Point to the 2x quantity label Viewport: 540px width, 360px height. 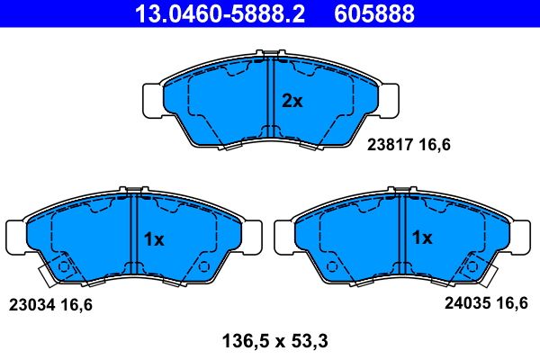click(x=292, y=102)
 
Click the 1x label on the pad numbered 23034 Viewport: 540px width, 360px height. click(x=154, y=239)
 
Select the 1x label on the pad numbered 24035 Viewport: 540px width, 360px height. click(x=422, y=239)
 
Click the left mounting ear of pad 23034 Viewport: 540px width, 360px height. click(x=15, y=237)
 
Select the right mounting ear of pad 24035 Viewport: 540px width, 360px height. click(x=524, y=237)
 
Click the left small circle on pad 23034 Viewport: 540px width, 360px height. click(x=63, y=266)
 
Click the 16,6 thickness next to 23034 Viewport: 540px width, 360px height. click(x=77, y=304)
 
